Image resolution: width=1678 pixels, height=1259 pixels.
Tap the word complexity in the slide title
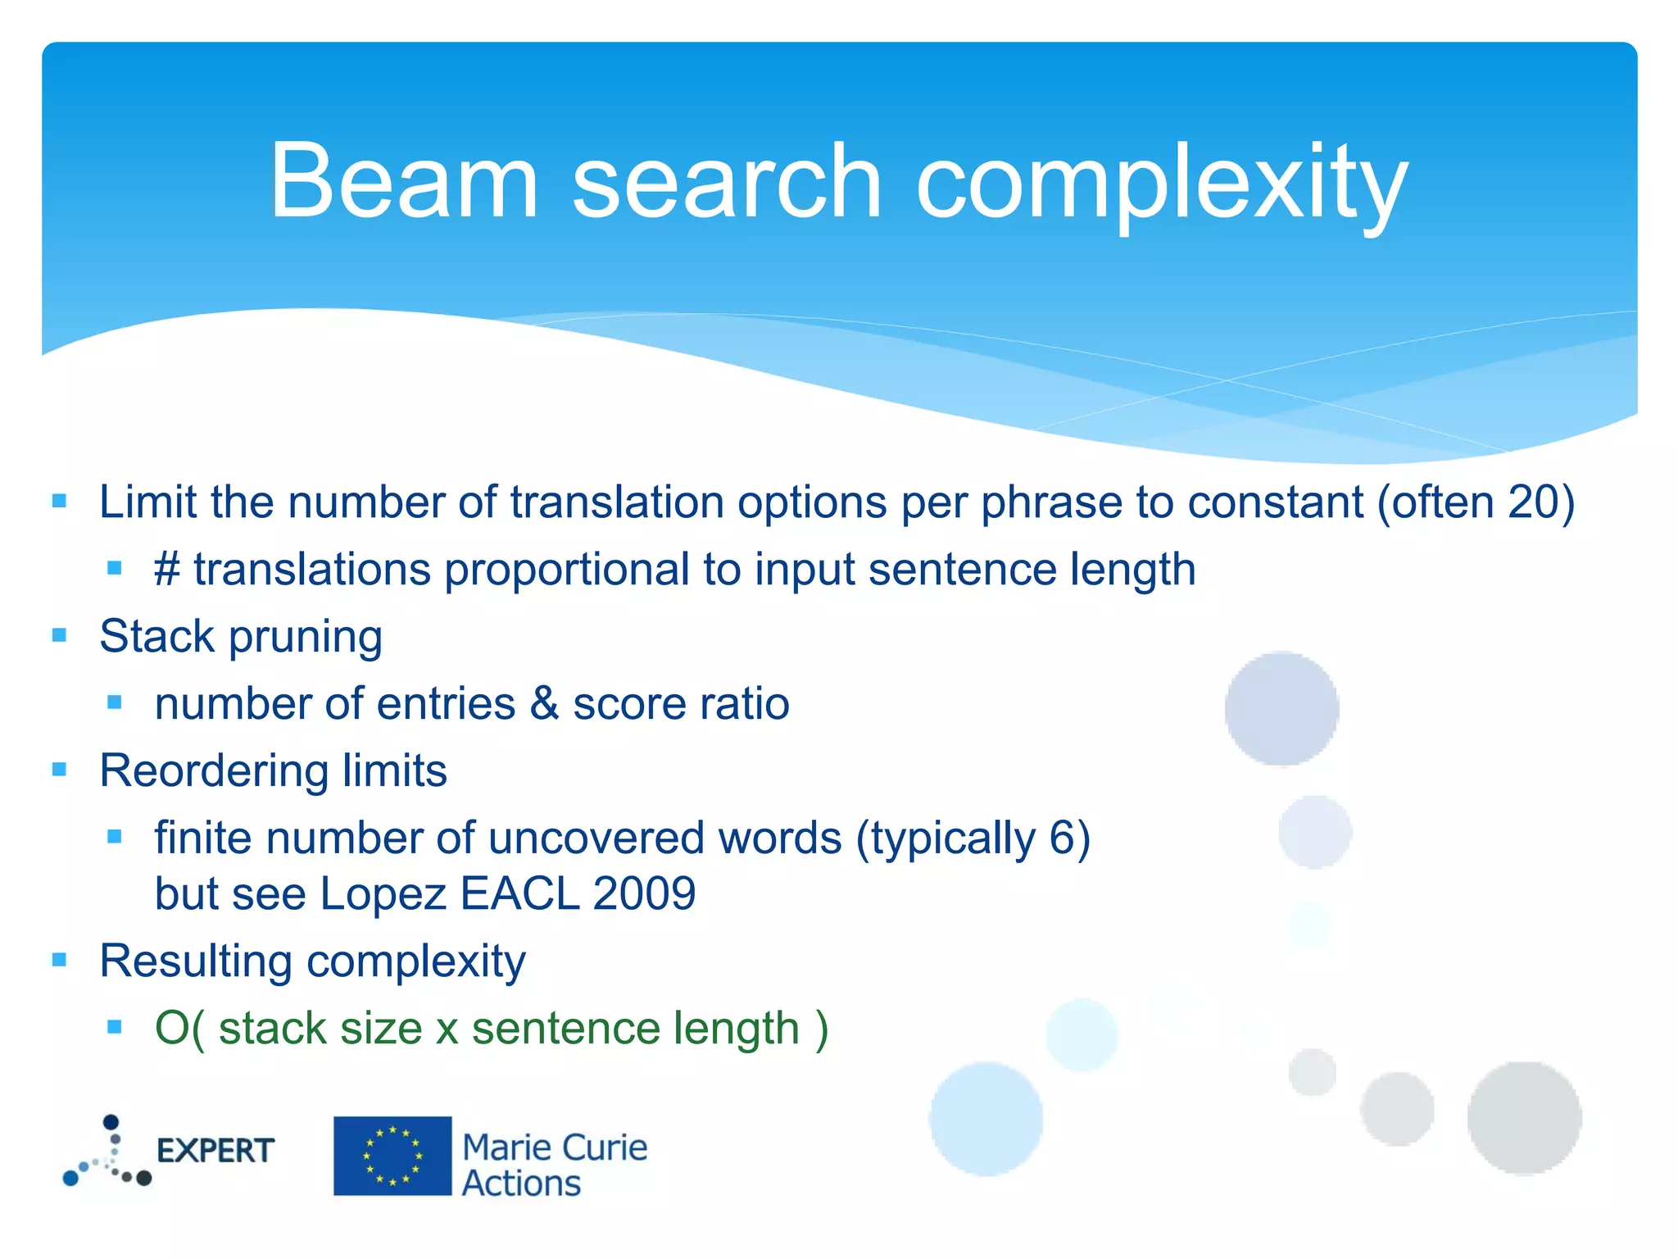1161,182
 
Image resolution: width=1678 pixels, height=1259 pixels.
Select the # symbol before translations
167,570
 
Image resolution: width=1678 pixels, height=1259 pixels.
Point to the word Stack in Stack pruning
156,637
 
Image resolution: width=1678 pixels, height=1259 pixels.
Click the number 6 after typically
1060,839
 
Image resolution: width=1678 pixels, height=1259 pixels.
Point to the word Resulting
195,961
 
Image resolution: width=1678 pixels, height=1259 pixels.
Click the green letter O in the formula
172,1029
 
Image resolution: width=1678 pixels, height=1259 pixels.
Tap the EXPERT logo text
215,1151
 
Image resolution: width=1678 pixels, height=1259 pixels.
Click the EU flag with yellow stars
392,1156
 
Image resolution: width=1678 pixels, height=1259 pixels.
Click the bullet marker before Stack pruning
59,635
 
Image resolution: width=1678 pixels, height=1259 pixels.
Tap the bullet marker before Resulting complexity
59,959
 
